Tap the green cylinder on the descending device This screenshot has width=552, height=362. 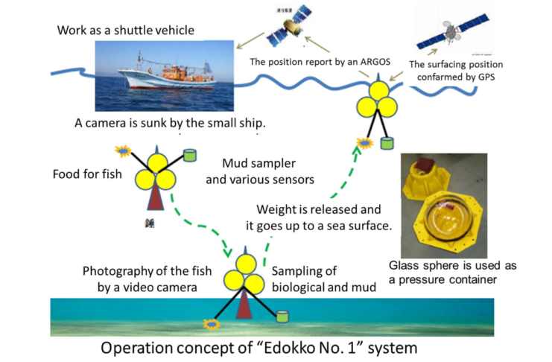click(x=189, y=156)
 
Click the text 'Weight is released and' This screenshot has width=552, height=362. click(x=319, y=209)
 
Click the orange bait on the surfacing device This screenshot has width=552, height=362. click(x=364, y=142)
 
